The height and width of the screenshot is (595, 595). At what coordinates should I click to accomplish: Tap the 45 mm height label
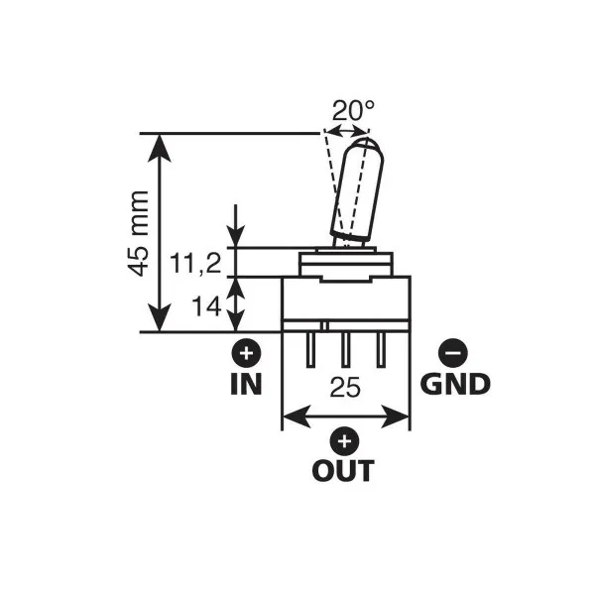[x=139, y=233]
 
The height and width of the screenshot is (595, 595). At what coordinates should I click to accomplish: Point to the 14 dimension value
[x=206, y=306]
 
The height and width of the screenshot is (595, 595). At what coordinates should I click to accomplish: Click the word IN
[x=246, y=384]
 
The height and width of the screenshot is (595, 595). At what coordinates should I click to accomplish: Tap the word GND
[x=455, y=384]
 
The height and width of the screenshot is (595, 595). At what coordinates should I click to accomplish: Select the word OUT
[x=343, y=470]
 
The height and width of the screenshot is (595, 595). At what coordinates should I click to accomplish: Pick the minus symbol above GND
[x=453, y=352]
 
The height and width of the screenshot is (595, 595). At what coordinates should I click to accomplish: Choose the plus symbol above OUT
[x=344, y=439]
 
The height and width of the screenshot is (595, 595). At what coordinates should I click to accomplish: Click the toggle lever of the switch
[x=354, y=190]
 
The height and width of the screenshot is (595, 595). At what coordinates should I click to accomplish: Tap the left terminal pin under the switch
[x=312, y=350]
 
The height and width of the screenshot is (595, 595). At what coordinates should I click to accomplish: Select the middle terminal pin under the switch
[x=346, y=350]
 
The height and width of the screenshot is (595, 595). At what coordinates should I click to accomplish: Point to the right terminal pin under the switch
[x=380, y=350]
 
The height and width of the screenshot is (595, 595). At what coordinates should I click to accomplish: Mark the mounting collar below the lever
[x=346, y=264]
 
